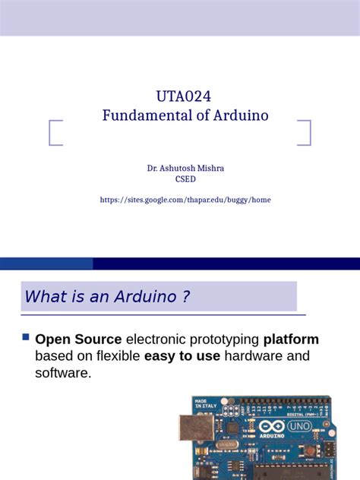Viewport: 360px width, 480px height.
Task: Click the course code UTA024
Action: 185,96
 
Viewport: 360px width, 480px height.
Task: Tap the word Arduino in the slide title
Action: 239,116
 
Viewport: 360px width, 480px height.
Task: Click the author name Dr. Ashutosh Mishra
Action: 185,167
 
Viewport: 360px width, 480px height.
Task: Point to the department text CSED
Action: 185,180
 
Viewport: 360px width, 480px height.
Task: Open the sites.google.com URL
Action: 185,200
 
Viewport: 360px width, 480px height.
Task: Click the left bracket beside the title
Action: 55,133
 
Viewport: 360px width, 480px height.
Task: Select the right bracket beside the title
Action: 305,133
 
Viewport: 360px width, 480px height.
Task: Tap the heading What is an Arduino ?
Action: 107,297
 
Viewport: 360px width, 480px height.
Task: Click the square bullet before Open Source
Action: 27,336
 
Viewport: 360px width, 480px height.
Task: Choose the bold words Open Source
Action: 78,339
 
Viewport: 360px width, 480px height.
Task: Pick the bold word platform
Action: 291,339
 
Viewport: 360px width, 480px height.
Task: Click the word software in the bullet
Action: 63,373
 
